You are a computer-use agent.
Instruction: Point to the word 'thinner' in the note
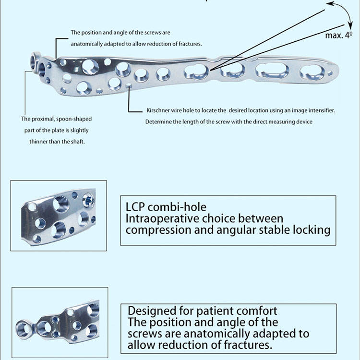click(44, 141)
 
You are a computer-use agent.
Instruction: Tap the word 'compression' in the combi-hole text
click(154, 230)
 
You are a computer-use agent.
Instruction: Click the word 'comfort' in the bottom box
click(259, 311)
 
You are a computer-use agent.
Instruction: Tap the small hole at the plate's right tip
click(330, 74)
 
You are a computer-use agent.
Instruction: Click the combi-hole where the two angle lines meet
click(197, 72)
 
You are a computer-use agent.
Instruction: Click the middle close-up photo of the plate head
click(59, 216)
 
